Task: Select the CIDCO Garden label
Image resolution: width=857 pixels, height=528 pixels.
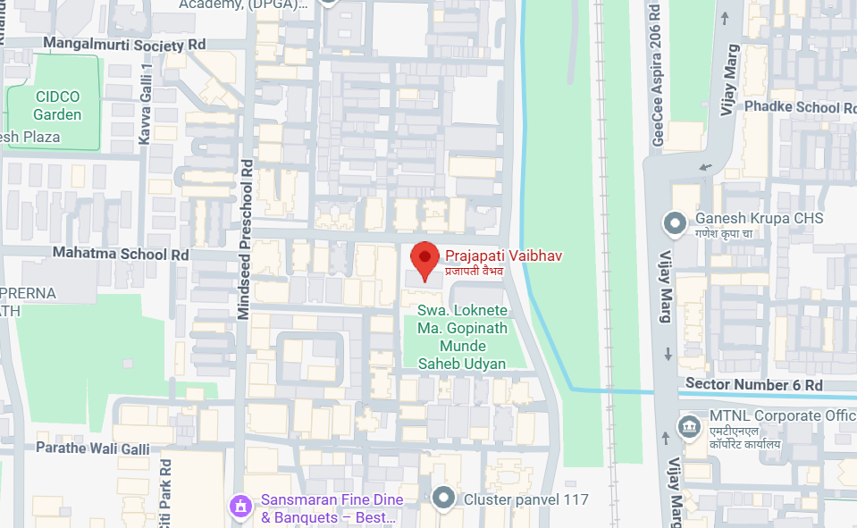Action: click(x=57, y=105)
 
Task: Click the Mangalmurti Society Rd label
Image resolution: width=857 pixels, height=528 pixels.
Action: click(x=124, y=44)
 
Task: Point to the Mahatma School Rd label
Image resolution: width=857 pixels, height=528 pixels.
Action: click(x=122, y=254)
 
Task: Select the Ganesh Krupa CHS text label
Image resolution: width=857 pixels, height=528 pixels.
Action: click(x=759, y=219)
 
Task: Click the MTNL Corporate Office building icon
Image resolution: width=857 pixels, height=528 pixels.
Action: click(x=689, y=423)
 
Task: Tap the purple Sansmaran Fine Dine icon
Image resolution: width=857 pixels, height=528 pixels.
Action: click(x=239, y=507)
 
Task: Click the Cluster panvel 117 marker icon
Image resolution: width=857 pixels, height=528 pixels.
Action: click(x=443, y=499)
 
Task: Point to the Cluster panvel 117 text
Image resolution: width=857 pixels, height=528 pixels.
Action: click(x=525, y=499)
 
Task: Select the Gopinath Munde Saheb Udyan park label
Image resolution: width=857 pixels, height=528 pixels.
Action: click(x=463, y=337)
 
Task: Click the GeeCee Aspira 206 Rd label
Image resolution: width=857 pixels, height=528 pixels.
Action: click(x=657, y=71)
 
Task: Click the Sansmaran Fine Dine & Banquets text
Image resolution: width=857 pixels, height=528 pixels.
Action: click(x=332, y=508)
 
